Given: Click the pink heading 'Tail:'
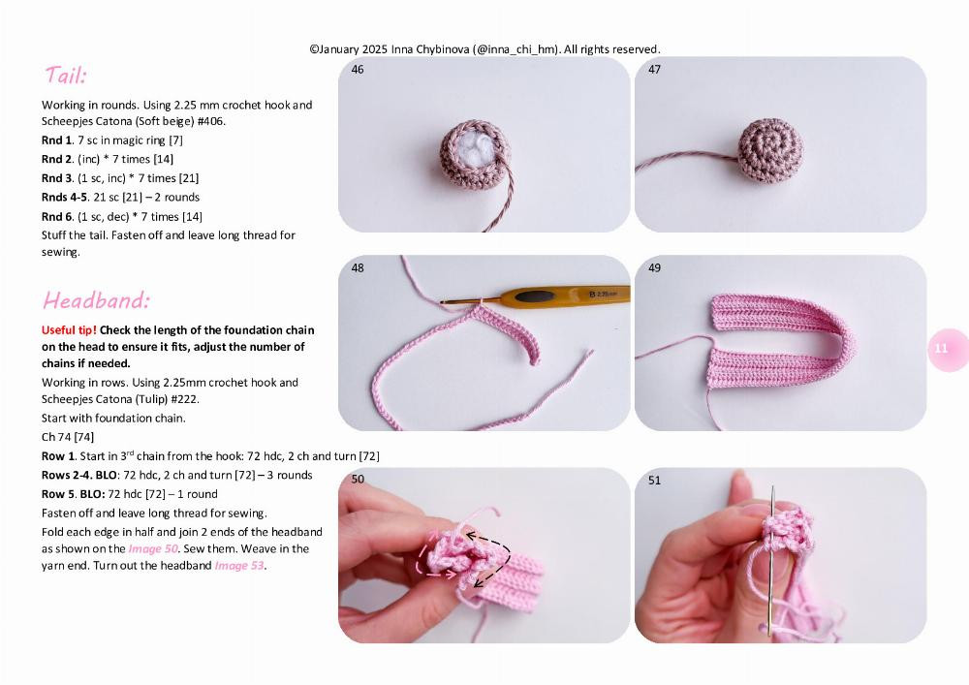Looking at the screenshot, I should pos(65,76).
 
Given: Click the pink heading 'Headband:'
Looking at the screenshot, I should pos(96,299).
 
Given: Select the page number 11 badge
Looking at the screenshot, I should pos(941,349).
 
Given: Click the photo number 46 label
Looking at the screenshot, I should pos(358,70).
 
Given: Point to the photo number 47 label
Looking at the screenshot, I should pos(654,70).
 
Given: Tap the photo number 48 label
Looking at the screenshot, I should pos(358,268).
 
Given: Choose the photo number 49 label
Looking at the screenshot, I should pos(654,268).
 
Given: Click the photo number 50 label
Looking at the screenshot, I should pos(358,480).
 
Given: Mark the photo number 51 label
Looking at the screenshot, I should pos(654,480).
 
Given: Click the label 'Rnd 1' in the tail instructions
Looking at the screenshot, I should pos(56,140).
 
